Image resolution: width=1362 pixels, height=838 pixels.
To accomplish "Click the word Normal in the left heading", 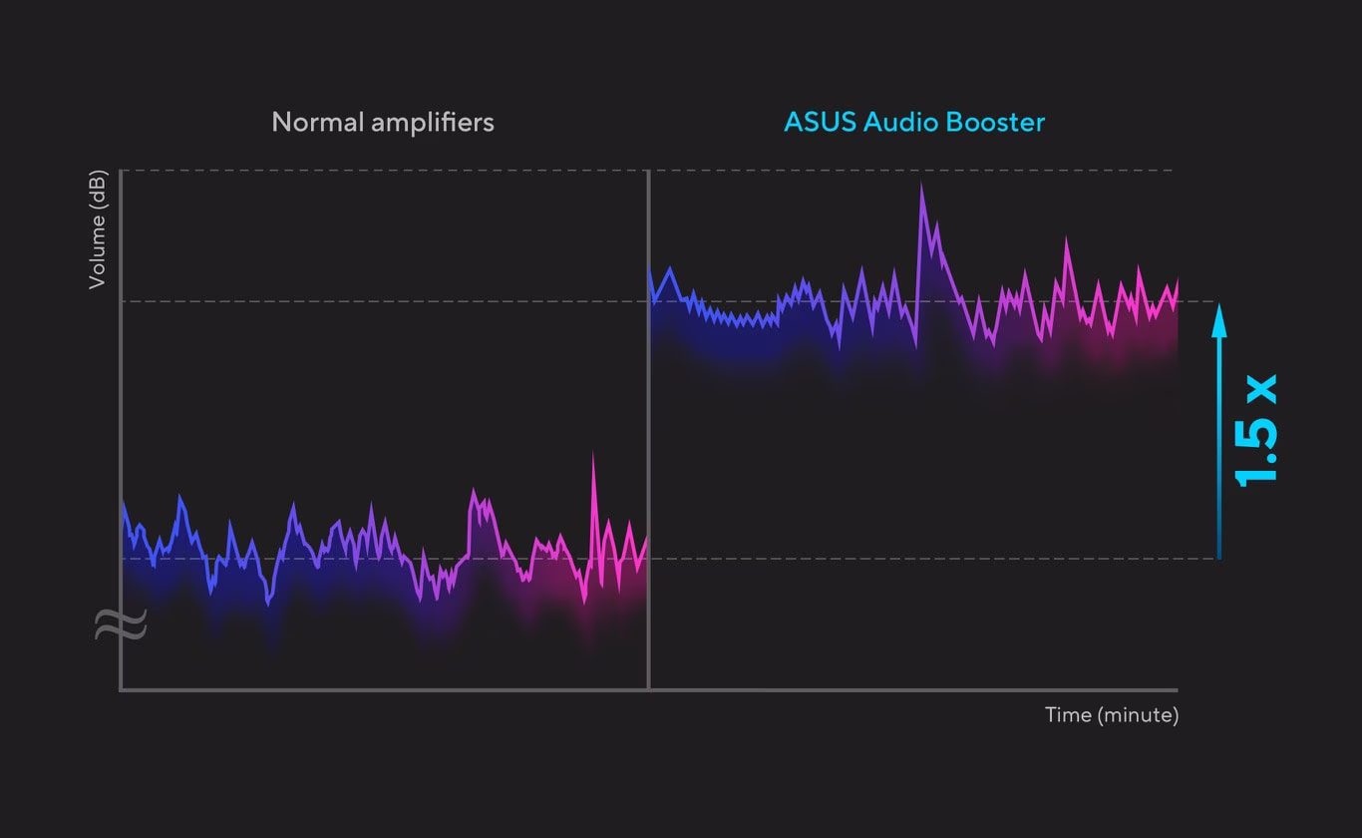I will click(318, 123).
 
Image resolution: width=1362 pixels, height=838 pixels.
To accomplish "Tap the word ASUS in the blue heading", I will click(820, 123).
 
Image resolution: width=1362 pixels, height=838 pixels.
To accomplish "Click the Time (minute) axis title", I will click(1111, 715).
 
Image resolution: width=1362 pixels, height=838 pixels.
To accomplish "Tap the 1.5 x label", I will click(1254, 430).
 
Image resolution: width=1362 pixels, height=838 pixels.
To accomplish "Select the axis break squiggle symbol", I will click(121, 625).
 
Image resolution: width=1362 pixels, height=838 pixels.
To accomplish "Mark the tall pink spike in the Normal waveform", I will click(593, 455).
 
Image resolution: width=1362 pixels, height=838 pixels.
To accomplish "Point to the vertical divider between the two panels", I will click(649, 429).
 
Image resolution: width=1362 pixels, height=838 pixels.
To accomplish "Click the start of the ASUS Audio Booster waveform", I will click(651, 269).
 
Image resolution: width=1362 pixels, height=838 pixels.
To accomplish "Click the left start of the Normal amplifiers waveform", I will click(124, 503).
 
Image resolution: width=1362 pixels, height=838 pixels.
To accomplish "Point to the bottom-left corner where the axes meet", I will click(121, 688).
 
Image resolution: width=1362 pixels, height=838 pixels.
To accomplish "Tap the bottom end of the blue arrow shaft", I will click(1218, 556).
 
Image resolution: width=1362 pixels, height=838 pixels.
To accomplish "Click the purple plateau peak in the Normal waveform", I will click(474, 492).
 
